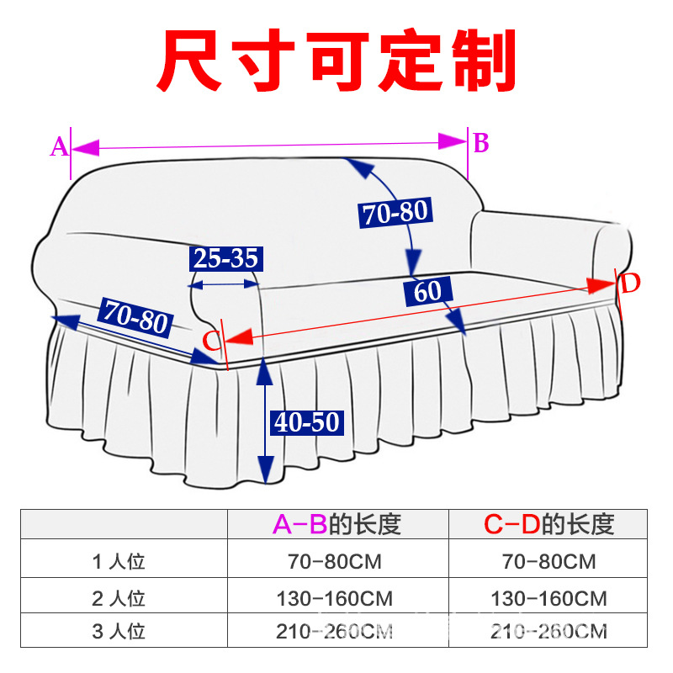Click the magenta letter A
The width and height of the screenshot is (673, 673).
click(59, 148)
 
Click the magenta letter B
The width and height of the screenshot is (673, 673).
click(480, 144)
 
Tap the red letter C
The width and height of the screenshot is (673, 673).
click(213, 340)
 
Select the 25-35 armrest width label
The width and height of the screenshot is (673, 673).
click(225, 258)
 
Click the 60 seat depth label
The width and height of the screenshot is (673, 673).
click(427, 292)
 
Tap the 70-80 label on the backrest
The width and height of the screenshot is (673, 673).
click(396, 213)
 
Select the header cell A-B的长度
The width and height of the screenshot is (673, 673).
click(337, 524)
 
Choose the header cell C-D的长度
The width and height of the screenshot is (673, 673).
click(549, 524)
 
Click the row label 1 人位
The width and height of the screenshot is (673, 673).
click(119, 561)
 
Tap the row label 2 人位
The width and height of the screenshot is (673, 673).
click(119, 598)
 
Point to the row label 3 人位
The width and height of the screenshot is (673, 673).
click(119, 630)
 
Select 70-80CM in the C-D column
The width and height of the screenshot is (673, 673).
click(548, 561)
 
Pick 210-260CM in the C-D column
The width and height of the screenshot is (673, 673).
click(548, 630)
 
